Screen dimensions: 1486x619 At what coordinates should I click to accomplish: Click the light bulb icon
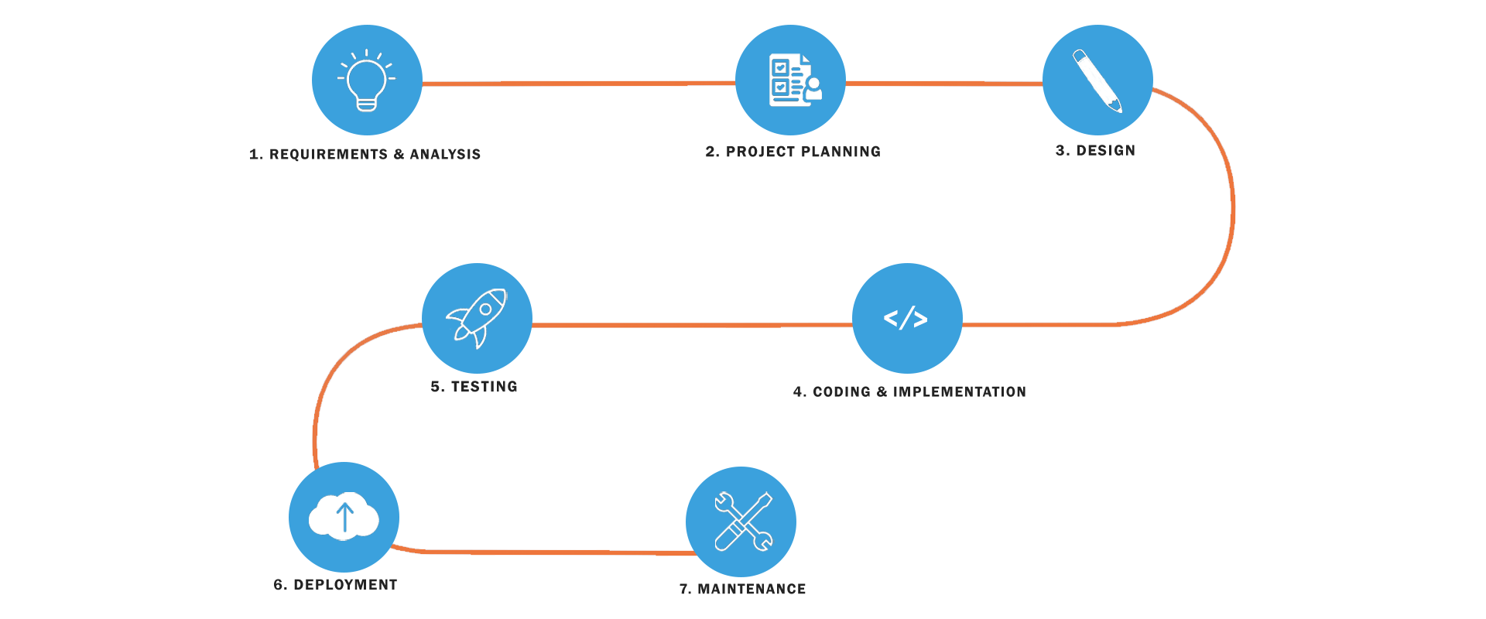367,80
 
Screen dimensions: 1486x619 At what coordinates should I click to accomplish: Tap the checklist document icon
795,80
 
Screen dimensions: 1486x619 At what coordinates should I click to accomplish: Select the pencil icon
1097,80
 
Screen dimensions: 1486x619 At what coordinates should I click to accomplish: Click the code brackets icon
906,318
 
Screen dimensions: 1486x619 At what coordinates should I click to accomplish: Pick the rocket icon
477,318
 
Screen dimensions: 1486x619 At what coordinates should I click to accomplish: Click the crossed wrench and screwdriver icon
742,522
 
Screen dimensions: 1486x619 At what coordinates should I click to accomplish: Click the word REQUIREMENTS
328,155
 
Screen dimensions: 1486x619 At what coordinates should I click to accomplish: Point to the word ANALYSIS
445,155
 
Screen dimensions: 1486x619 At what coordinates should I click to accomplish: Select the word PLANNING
842,152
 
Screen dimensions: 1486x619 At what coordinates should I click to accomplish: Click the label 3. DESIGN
1095,151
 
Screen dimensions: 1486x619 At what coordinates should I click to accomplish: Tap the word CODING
841,392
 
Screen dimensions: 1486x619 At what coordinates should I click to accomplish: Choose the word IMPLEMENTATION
960,392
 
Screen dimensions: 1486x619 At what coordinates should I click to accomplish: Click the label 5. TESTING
474,387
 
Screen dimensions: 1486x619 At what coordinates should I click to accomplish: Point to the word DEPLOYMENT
345,585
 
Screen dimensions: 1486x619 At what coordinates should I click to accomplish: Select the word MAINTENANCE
752,590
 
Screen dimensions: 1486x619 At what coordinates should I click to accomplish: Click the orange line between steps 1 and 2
578,83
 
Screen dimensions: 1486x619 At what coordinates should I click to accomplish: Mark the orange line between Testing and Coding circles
692,325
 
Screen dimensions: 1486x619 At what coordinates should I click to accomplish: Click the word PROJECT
761,152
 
